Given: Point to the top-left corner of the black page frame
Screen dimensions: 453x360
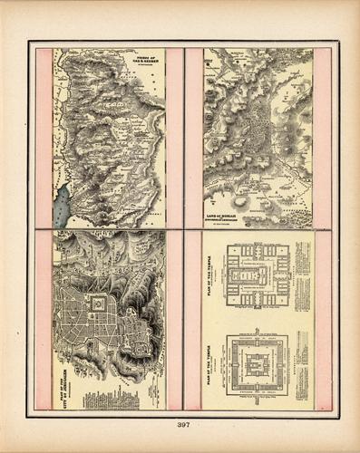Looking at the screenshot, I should pyautogui.click(x=29, y=42).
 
